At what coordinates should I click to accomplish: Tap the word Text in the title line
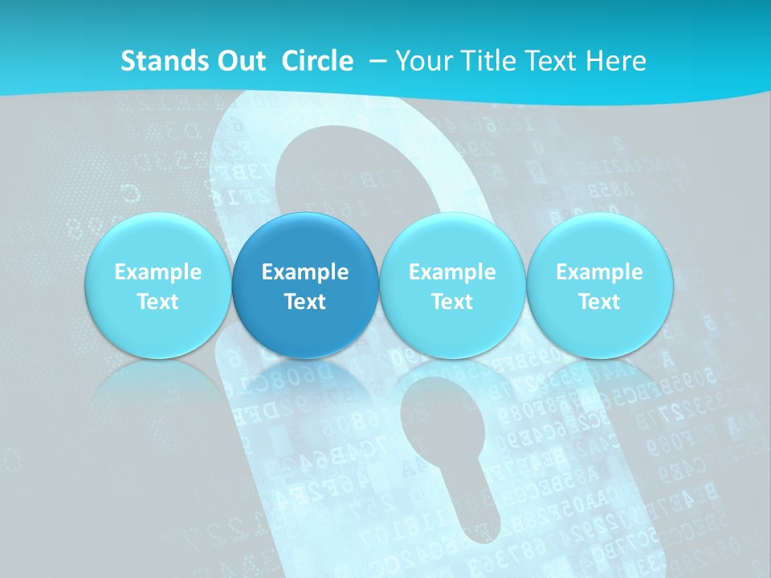553,61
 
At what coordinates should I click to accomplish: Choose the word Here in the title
617,61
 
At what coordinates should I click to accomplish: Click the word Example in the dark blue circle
305,272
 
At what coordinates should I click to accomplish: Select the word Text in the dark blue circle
305,302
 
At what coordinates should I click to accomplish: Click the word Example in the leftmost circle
158,272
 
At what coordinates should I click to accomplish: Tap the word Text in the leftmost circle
158,302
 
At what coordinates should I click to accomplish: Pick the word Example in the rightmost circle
599,272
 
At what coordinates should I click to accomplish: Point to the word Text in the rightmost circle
599,302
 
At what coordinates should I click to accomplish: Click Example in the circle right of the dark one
452,272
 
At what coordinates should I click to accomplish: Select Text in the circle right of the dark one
452,302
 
